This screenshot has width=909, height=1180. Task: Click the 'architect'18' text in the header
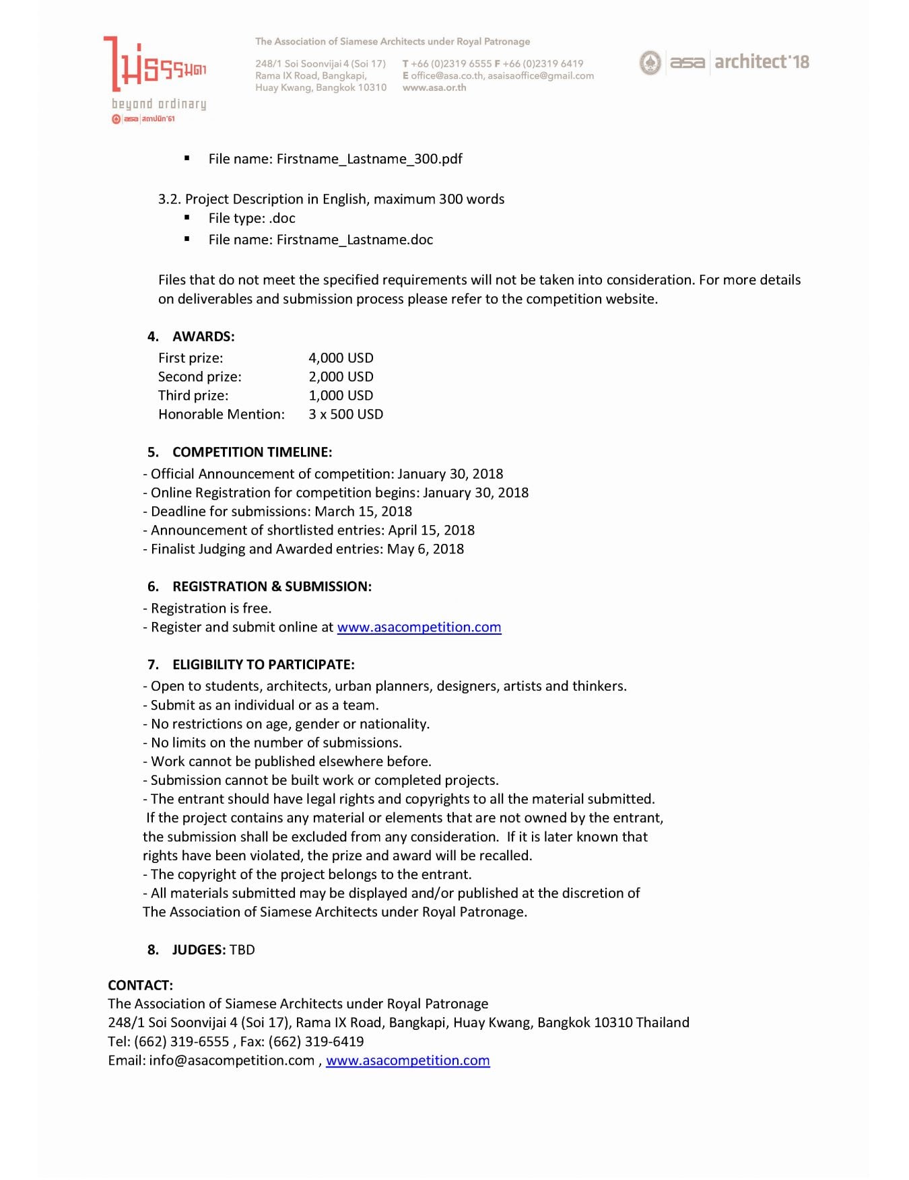[x=762, y=62]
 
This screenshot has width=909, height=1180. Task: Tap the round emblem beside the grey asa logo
[x=650, y=63]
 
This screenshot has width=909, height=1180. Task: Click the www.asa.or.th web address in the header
[x=434, y=88]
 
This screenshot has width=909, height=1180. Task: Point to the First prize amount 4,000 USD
[x=341, y=358]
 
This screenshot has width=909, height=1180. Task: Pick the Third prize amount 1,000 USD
[x=341, y=396]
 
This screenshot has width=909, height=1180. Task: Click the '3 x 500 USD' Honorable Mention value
[x=345, y=415]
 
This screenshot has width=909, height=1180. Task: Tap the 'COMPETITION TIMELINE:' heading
[x=252, y=452]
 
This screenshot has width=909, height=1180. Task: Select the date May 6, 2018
[x=426, y=549]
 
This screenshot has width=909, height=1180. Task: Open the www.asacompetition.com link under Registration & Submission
[x=419, y=627]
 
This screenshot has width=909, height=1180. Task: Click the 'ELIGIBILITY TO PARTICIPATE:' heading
[x=263, y=665]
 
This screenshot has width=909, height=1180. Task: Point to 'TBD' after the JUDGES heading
[x=242, y=950]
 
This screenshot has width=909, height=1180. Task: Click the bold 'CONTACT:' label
[x=140, y=985]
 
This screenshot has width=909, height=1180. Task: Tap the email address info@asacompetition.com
[x=232, y=1061]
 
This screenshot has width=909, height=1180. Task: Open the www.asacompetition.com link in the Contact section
[x=407, y=1061]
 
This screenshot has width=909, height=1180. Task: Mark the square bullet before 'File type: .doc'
[x=187, y=219]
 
